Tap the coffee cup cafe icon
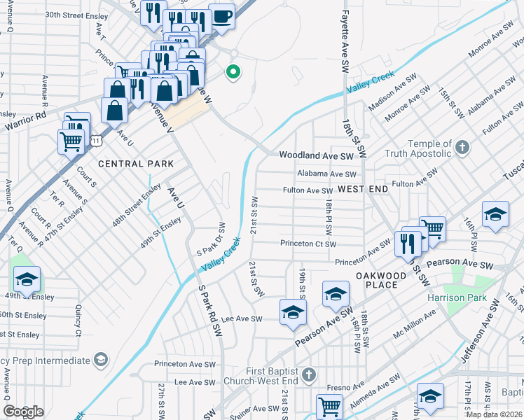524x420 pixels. pyautogui.click(x=221, y=15)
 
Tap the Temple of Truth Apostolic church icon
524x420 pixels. pyautogui.click(x=461, y=147)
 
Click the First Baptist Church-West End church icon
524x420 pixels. pyautogui.click(x=310, y=375)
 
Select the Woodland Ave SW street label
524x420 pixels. pyautogui.click(x=317, y=155)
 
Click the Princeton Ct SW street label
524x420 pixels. pyautogui.click(x=308, y=244)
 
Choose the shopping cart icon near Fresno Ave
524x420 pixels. pyautogui.click(x=329, y=405)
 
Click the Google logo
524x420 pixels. pyautogui.click(x=23, y=412)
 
